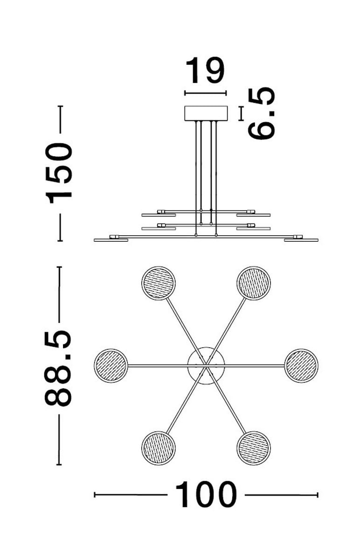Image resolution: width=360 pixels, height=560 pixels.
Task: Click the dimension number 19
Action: [205, 71]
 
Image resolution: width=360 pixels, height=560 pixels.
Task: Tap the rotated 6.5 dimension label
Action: [262, 114]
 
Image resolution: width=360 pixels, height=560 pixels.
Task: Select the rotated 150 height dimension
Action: [59, 173]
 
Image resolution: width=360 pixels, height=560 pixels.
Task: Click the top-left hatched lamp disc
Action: [158, 283]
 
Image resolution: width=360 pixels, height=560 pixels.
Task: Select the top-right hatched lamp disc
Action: [254, 283]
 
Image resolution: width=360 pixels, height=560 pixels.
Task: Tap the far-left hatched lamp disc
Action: [111, 365]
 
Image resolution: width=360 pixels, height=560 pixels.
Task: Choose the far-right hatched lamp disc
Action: [301, 365]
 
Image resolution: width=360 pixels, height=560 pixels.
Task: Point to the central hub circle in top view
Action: [206, 365]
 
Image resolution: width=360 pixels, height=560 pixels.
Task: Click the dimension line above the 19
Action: [206, 93]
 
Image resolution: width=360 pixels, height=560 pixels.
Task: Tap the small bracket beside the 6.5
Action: [241, 113]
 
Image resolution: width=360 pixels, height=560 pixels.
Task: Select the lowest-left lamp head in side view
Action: [111, 239]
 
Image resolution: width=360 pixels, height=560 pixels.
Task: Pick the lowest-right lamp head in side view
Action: [301, 239]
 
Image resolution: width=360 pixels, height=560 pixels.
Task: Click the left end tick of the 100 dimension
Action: [95, 495]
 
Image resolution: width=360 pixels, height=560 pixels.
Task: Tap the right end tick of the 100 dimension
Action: [318, 495]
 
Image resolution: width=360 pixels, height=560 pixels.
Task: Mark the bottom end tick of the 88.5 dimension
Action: [59, 465]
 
